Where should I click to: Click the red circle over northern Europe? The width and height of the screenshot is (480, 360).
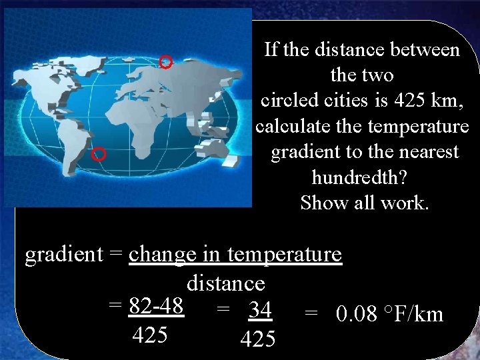coord(167,62)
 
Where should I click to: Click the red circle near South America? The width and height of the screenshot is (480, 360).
coord(98,155)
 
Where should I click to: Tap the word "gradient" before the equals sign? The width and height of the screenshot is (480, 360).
coord(64,255)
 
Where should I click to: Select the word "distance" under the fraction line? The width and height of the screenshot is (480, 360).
coord(226,283)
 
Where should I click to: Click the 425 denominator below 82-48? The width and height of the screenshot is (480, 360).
coord(150,335)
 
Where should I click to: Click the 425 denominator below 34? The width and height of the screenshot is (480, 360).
coord(257,339)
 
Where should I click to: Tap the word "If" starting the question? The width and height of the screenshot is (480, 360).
coord(271,50)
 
